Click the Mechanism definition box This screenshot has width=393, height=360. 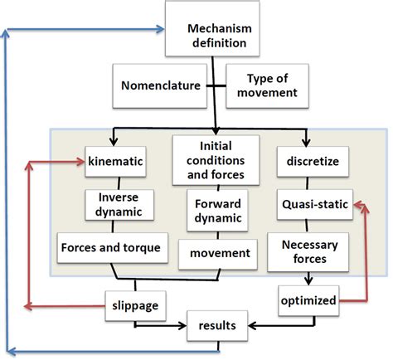[x=216, y=32]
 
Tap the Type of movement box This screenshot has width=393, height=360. [x=271, y=85]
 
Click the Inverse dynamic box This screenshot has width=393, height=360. [x=116, y=204]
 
